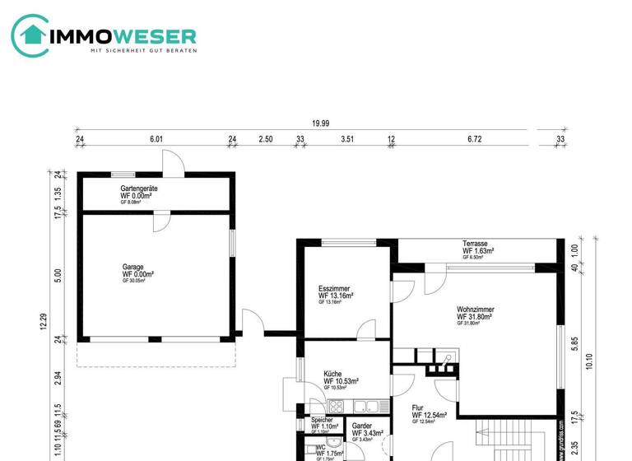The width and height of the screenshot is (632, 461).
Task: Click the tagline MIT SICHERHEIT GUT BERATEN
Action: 142,52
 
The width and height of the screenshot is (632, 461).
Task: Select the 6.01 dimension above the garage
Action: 156,139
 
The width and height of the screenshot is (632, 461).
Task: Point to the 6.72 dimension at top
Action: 474,139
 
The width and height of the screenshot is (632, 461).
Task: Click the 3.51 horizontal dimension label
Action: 346,139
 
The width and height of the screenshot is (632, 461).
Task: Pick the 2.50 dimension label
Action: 265,139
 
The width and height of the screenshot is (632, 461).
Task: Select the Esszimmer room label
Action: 336,291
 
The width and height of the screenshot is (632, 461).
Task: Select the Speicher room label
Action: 322,421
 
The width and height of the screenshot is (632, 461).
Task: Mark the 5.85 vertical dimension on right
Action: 574,342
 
